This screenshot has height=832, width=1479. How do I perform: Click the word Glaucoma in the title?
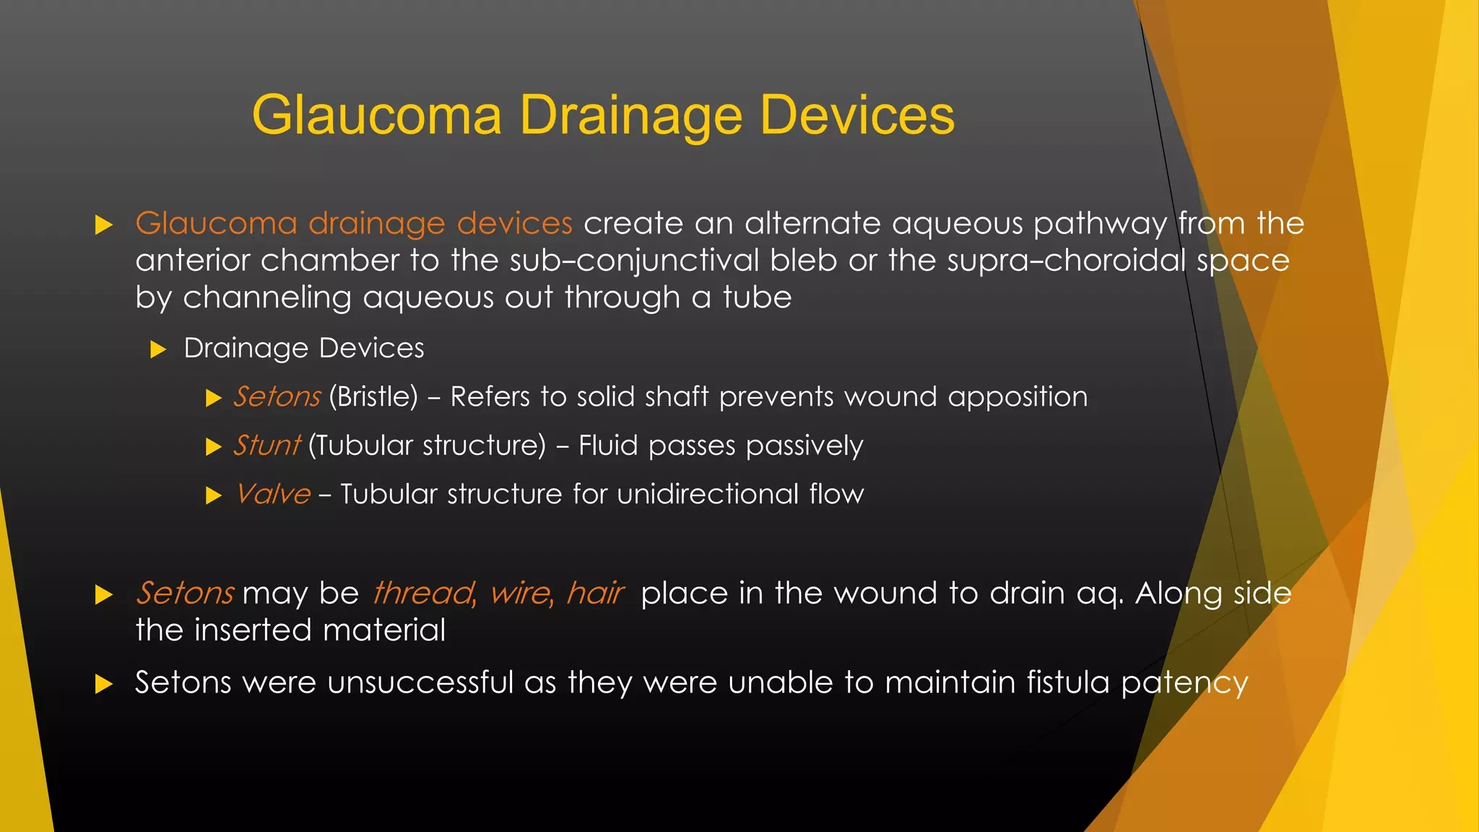pos(376,116)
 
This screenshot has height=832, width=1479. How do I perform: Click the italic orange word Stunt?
pos(266,446)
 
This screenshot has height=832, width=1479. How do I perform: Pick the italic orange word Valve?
pos(273,495)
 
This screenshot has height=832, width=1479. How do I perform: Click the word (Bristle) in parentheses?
pos(373,397)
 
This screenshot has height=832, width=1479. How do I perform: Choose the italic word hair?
pos(595,594)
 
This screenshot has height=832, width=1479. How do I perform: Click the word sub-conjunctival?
pos(634,261)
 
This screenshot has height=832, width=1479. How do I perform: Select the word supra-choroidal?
pos(1066,261)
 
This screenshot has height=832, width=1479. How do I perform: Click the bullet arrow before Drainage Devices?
pos(158,350)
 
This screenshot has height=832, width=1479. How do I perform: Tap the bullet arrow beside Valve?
pos(213,495)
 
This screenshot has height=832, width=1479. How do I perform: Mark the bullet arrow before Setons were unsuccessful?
pos(104,684)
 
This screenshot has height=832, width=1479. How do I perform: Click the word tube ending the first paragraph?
pos(757,298)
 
